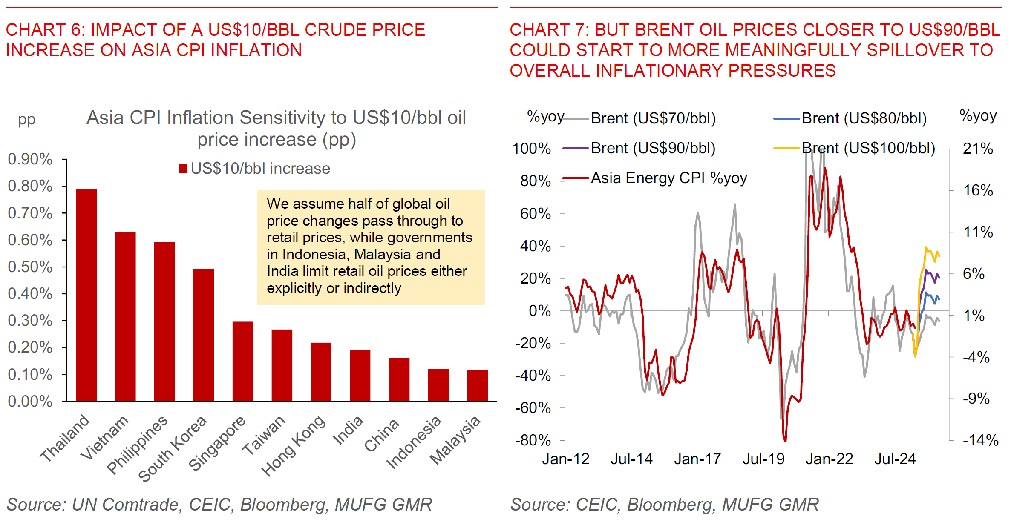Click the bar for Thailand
(86, 295)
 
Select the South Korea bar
(204, 335)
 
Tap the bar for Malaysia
(477, 385)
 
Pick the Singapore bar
(243, 361)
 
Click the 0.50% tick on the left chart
(30, 267)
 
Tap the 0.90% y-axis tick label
(30, 159)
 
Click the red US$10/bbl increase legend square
(183, 169)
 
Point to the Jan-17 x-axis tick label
(697, 459)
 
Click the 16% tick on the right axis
(978, 190)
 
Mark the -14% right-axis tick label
(980, 440)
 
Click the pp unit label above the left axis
(26, 120)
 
